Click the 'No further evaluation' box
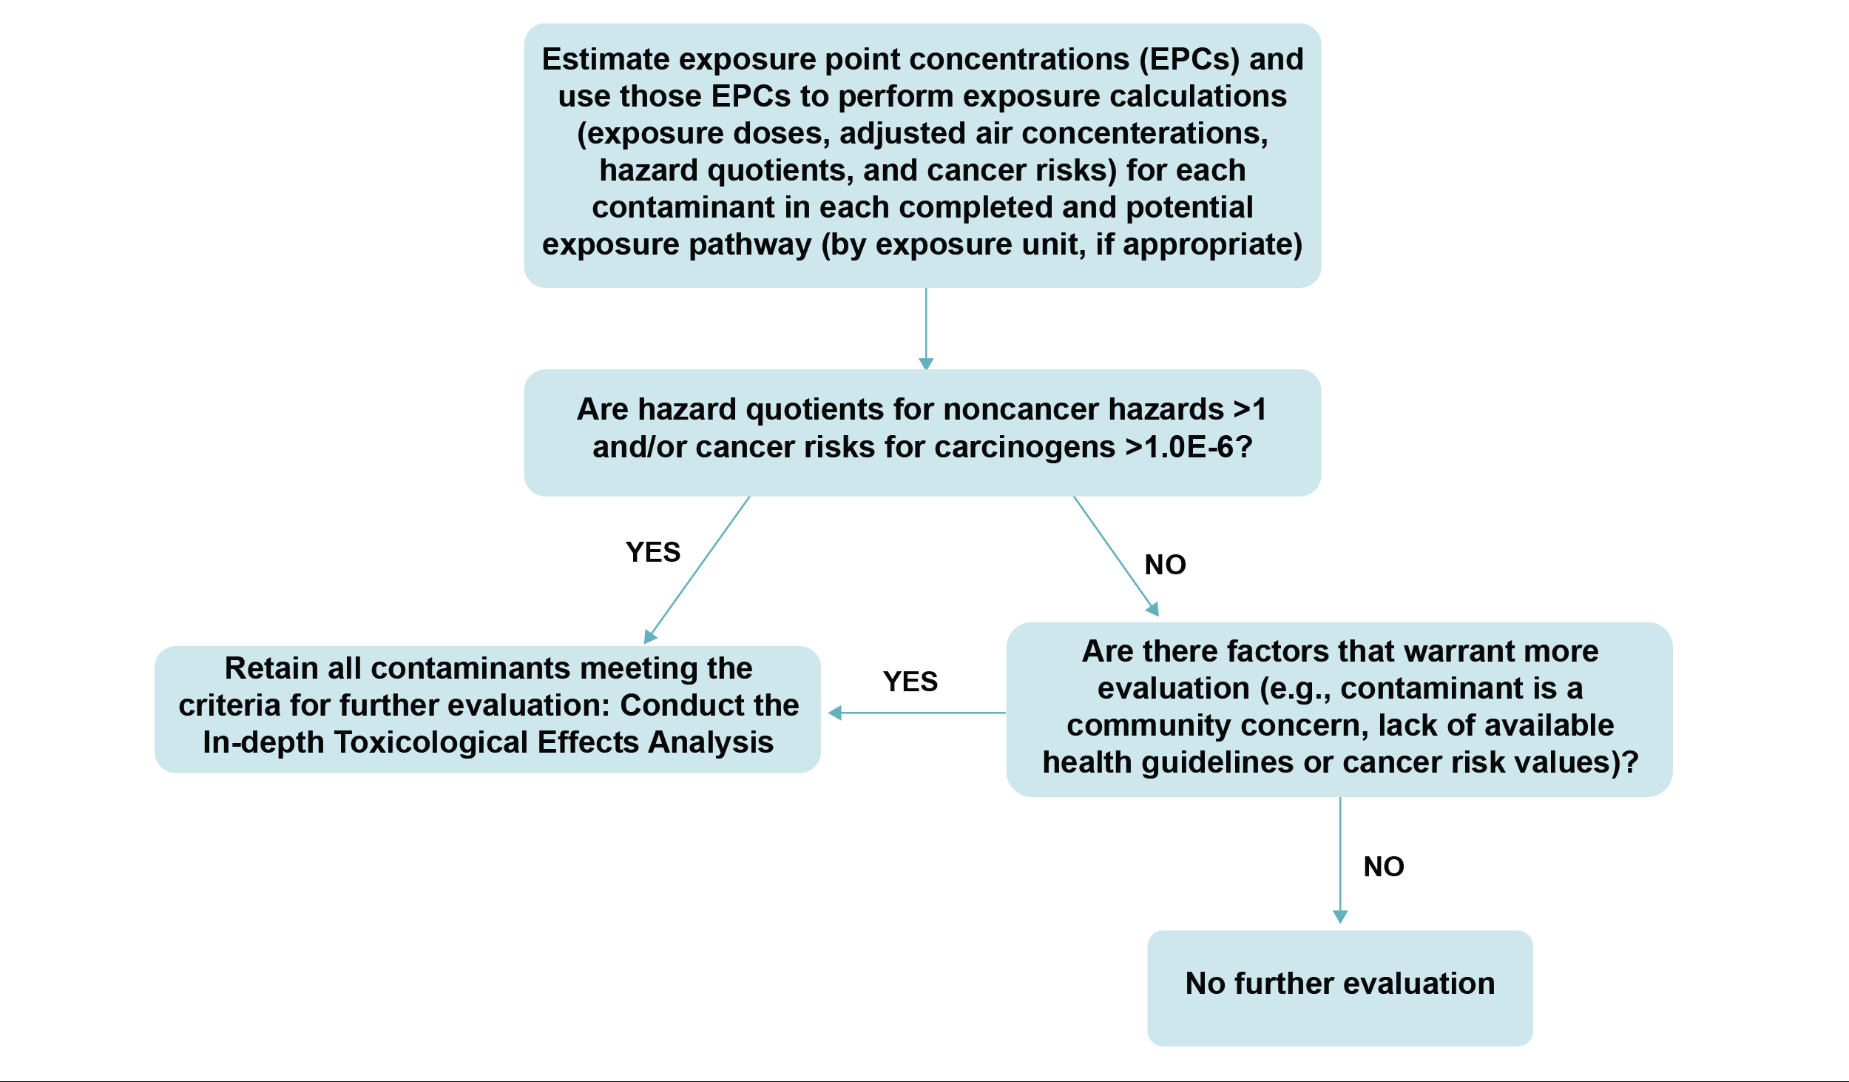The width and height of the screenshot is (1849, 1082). tap(1339, 987)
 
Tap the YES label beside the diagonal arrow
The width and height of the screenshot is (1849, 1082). tap(652, 552)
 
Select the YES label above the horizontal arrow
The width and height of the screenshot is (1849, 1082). tap(910, 682)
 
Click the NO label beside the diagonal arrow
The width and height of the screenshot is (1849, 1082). tap(1165, 565)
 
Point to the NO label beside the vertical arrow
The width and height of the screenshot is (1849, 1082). tap(1383, 867)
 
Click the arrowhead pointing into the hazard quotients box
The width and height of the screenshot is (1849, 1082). tap(926, 363)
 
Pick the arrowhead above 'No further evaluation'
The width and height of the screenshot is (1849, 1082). tap(1339, 916)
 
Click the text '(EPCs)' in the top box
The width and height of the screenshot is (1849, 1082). tap(1189, 59)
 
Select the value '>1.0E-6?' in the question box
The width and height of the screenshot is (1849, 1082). tap(1189, 447)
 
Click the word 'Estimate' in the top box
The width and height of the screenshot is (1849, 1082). tap(606, 59)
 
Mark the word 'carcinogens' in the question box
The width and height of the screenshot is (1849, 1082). tap(1024, 447)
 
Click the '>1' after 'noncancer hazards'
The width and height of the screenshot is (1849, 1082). tap(1250, 409)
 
